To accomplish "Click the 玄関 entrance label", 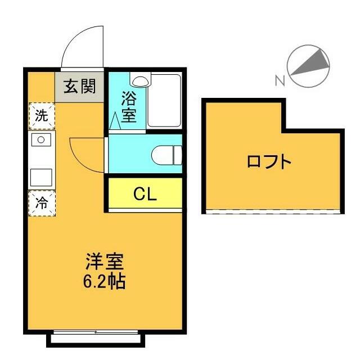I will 79,86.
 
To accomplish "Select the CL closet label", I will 145,193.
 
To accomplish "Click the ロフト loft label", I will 269,163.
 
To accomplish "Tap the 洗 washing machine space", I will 42,116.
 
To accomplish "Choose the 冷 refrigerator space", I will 42,203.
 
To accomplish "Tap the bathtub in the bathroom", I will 164,101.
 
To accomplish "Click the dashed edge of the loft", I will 274,211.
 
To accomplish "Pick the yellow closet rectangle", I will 145,193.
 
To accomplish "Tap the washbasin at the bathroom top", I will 139,79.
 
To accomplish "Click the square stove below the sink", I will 40,177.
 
